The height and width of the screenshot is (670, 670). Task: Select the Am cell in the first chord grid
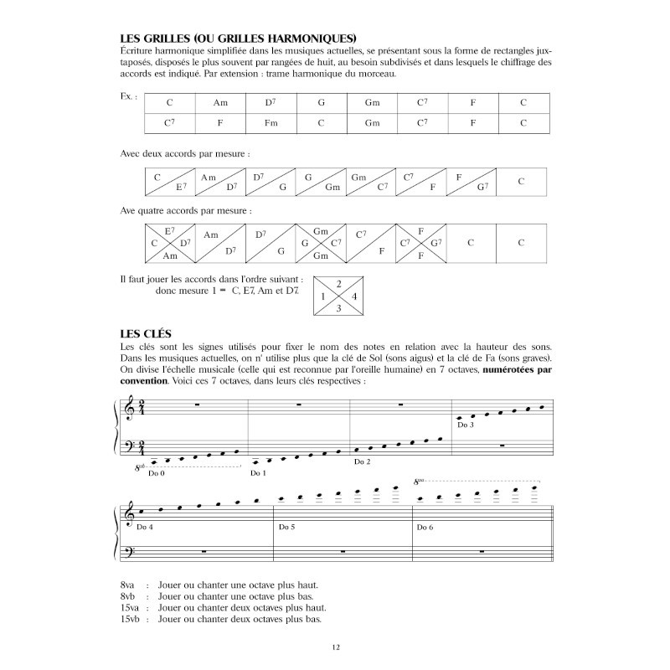point(221,102)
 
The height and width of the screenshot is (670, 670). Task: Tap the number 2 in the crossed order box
point(338,284)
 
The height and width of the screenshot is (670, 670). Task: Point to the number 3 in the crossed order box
point(338,308)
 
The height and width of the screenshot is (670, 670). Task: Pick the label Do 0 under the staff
point(157,474)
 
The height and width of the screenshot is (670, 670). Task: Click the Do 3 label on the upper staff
point(466,425)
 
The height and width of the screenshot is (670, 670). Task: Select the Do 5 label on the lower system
point(287,526)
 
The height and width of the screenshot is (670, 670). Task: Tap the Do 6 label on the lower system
point(425,526)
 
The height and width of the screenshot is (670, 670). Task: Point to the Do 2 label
point(362,461)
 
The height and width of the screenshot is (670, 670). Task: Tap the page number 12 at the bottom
point(335,647)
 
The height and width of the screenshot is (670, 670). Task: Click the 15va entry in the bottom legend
point(131,607)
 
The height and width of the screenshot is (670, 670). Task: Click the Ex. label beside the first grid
point(128,98)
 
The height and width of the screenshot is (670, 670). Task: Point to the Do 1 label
point(257,474)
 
